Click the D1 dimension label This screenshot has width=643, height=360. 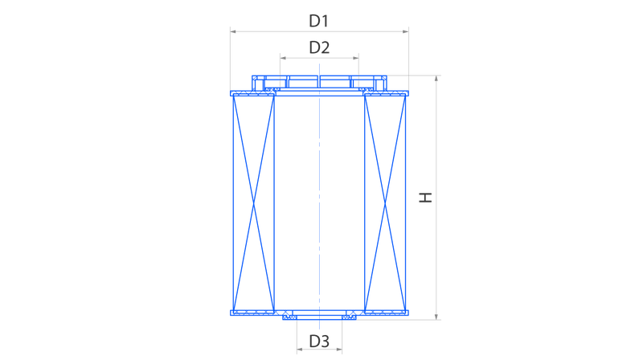[x=318, y=21]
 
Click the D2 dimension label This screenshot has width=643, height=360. [x=319, y=47]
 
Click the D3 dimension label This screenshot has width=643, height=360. [x=319, y=342]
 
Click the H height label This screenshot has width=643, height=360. [x=426, y=197]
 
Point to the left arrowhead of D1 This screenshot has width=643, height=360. [x=233, y=31]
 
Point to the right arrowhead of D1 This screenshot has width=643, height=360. [x=406, y=31]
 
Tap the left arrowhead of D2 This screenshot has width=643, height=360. [x=283, y=58]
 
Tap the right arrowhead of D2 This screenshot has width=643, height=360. [x=355, y=58]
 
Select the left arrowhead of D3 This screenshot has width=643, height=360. [x=300, y=350]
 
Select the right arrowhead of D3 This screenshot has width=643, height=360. [x=338, y=350]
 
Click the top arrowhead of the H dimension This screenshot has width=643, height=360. [x=436, y=78]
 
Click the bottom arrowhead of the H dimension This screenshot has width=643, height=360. [x=436, y=316]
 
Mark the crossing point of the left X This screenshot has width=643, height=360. [x=253, y=203]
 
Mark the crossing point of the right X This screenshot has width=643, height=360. [x=385, y=203]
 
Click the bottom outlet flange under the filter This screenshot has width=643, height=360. [x=319, y=317]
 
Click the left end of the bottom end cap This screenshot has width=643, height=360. [x=231, y=313]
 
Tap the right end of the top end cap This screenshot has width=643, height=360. [x=408, y=93]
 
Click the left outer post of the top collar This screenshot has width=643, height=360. [x=256, y=84]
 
